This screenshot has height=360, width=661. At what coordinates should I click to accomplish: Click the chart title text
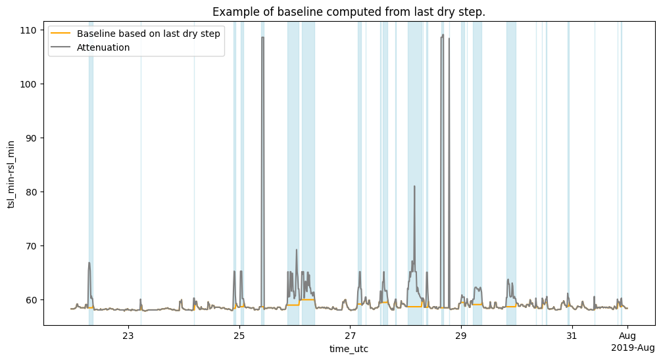(x=349, y=12)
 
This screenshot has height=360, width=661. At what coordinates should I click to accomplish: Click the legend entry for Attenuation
(x=103, y=47)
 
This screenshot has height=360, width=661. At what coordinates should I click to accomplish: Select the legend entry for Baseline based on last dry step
(x=148, y=33)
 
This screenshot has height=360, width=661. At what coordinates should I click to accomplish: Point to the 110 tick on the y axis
(x=31, y=30)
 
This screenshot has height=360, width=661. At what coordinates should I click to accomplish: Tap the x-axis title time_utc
(x=349, y=349)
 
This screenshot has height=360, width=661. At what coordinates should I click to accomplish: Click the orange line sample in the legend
(x=61, y=33)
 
